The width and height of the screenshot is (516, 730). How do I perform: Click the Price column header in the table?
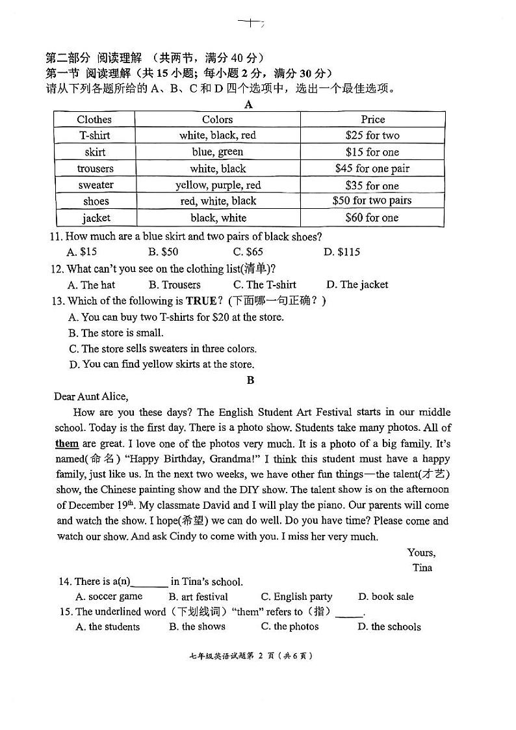tap(372, 119)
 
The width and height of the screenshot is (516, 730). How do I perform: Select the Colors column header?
tap(217, 119)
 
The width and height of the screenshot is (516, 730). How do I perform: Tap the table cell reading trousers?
tap(95, 169)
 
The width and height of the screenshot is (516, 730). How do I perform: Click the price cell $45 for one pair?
tap(372, 169)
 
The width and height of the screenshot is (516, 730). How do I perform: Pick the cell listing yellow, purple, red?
tap(218, 185)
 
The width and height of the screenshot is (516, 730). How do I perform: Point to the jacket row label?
tap(96, 218)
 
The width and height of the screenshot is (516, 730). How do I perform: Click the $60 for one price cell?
tap(372, 218)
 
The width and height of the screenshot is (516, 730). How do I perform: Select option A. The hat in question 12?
tap(91, 284)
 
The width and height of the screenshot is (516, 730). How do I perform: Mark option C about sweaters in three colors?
tap(162, 349)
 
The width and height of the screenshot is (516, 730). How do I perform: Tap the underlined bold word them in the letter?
tap(67, 444)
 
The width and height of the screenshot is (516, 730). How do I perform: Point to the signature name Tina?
tap(422, 567)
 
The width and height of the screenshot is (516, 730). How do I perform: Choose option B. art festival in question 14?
tap(198, 597)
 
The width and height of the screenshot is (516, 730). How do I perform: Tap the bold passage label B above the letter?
tap(251, 381)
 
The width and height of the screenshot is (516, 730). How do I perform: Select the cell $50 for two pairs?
tap(372, 201)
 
